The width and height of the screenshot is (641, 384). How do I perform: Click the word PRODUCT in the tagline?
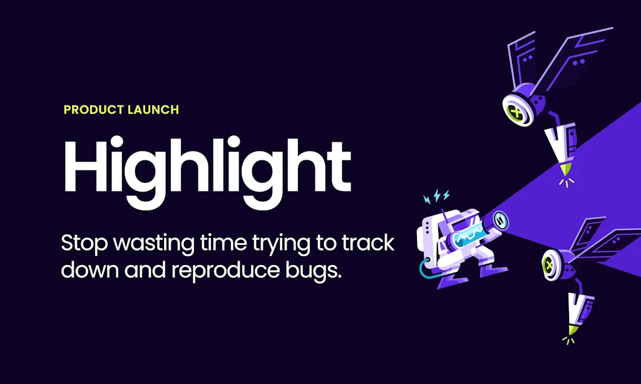coord(94,110)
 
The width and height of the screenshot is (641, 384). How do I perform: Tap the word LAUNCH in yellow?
coord(153,110)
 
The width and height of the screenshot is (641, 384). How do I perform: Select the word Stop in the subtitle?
coord(85,244)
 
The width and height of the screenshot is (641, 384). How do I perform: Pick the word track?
coord(368,243)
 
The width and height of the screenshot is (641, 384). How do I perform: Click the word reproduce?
coord(225,271)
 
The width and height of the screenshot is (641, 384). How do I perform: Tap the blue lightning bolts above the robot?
coord(436,196)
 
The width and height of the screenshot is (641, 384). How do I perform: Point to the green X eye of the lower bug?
coord(548,266)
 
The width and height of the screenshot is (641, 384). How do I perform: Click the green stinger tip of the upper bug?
coord(565,169)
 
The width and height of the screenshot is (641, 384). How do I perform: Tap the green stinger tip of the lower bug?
coord(573,330)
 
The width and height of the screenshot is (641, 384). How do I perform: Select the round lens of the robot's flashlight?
coord(500,221)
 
